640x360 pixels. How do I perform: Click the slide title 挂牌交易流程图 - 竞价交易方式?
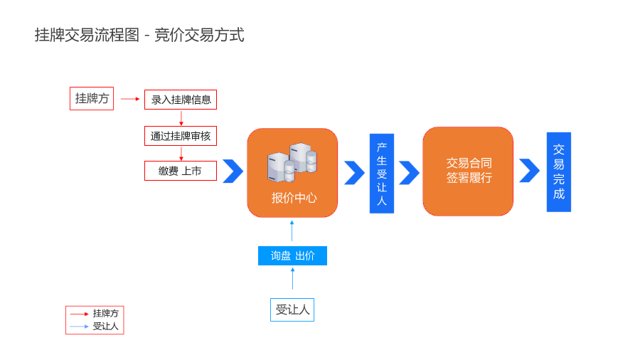tap(139, 35)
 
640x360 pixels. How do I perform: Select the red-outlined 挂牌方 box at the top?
tap(92, 98)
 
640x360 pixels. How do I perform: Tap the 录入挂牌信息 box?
tap(181, 100)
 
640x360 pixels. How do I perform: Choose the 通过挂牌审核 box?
tap(181, 135)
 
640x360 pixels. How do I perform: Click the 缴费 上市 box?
tap(181, 171)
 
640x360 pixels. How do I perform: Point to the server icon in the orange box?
tap(292, 162)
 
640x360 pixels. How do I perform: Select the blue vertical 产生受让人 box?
tap(381, 173)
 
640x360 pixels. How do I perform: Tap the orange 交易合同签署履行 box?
tap(468, 171)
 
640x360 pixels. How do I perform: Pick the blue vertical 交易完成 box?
tap(558, 171)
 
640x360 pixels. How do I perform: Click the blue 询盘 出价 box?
tap(292, 255)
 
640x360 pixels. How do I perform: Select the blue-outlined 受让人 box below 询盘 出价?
tap(292, 309)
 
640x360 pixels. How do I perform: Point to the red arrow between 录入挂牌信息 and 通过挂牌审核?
tap(181, 117)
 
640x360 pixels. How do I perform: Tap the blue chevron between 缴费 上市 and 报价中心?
tap(233, 171)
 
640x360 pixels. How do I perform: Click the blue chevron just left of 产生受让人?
tap(354, 172)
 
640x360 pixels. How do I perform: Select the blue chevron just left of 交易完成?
tap(529, 171)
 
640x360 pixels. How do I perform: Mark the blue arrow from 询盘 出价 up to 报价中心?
tap(292, 231)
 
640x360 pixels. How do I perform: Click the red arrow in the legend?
tap(79, 314)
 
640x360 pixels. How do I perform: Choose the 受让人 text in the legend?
tap(106, 327)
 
